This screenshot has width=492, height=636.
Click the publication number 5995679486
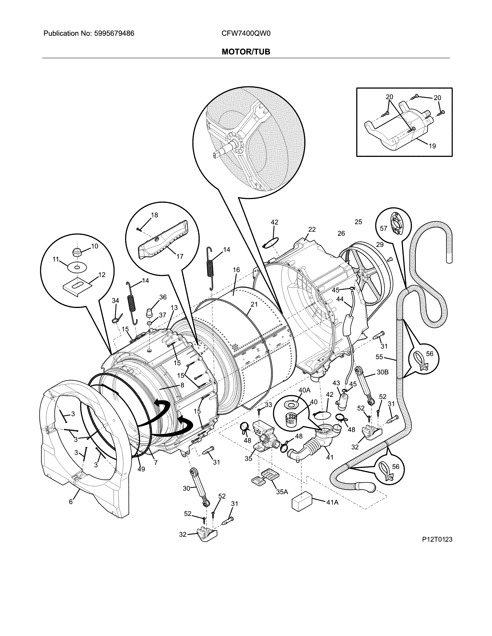(x=114, y=34)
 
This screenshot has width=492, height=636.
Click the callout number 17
(x=180, y=256)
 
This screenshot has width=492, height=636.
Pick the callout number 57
(x=383, y=228)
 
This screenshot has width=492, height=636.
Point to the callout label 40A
(x=304, y=390)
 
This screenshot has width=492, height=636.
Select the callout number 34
(x=115, y=300)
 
